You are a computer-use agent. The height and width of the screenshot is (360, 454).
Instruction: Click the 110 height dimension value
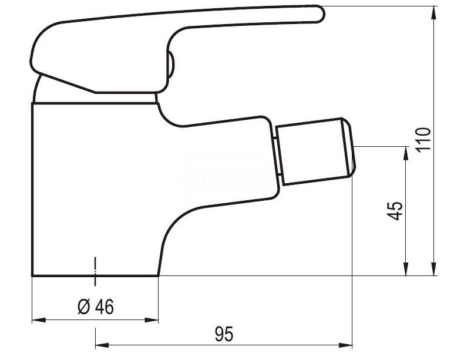click(424, 140)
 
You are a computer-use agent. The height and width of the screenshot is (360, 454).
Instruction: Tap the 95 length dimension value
click(224, 334)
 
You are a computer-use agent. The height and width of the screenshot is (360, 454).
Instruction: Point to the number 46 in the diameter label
click(104, 307)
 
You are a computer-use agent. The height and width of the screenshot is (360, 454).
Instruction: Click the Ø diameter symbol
click(84, 307)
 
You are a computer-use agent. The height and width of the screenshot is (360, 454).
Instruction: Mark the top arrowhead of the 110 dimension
click(433, 12)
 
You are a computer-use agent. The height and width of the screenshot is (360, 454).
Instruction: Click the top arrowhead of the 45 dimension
click(405, 152)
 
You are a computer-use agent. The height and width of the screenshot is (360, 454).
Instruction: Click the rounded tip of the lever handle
click(319, 14)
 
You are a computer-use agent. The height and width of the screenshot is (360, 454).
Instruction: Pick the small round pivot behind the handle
click(171, 65)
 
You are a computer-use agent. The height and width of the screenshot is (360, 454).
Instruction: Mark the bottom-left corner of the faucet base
click(32, 275)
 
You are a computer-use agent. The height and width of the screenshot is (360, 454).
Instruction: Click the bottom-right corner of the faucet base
click(159, 275)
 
